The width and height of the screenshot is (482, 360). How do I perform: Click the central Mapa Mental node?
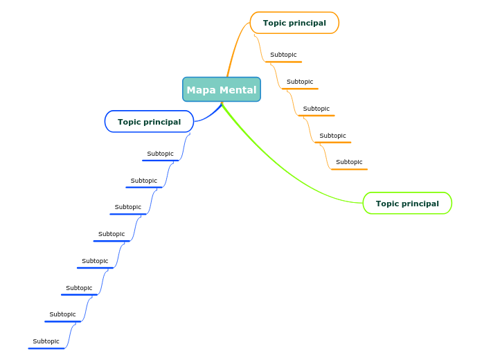click(x=222, y=90)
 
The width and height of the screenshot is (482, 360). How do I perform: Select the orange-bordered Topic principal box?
click(x=294, y=23)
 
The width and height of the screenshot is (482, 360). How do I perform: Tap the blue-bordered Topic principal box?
click(x=149, y=122)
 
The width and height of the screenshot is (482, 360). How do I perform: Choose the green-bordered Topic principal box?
click(x=407, y=204)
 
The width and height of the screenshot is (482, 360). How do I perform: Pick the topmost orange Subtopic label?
click(x=283, y=55)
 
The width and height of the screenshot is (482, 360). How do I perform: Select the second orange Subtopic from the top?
click(x=300, y=82)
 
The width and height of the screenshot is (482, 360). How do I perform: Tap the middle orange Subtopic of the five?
click(x=316, y=109)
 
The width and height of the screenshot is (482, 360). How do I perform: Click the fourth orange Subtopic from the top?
click(x=332, y=136)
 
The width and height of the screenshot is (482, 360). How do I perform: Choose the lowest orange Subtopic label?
click(x=349, y=162)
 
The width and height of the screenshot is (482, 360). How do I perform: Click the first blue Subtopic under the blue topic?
click(x=161, y=154)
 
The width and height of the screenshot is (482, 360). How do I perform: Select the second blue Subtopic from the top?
click(x=144, y=181)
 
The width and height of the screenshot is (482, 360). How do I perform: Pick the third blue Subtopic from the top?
click(x=128, y=207)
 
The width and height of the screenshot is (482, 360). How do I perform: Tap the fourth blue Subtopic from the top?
click(x=111, y=234)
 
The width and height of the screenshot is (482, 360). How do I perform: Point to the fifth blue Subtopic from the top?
click(x=95, y=261)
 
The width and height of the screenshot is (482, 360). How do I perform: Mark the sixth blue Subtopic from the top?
click(x=79, y=288)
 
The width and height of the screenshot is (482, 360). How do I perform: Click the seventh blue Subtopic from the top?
click(x=62, y=314)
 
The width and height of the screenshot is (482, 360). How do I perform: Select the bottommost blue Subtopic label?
click(x=46, y=341)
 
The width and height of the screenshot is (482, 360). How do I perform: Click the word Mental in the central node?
click(x=239, y=90)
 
